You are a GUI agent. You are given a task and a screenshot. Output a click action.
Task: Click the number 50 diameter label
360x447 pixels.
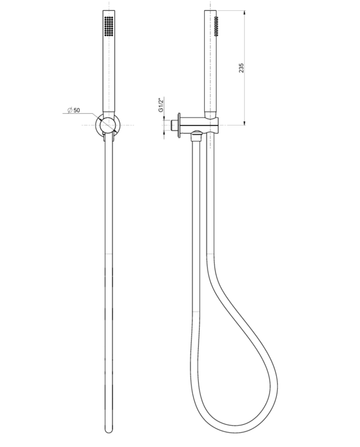pyautogui.click(x=77, y=111)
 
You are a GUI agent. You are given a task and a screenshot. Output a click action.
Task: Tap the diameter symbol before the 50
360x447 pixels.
pyautogui.click(x=69, y=111)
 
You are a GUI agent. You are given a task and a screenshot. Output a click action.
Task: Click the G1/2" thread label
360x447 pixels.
pyautogui.click(x=160, y=105)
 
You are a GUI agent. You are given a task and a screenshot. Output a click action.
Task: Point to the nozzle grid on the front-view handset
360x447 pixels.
pyautogui.click(x=109, y=26)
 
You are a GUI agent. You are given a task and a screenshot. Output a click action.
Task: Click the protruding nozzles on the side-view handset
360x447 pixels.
pyautogui.click(x=217, y=26)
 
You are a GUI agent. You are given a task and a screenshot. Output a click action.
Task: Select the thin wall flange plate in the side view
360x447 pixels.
pyautogui.click(x=179, y=124)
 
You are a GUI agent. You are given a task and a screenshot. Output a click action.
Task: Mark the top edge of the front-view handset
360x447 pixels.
pyautogui.click(x=108, y=10)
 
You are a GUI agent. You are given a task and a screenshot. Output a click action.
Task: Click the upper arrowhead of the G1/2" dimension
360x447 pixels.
pyautogui.click(x=165, y=118)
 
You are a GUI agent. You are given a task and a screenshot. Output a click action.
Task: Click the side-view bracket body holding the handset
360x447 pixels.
pyautogui.click(x=203, y=125)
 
